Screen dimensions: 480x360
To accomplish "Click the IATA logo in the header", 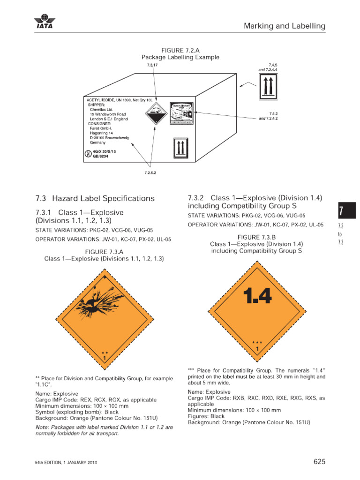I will (x=45, y=22).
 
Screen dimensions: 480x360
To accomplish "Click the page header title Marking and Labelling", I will (x=284, y=26).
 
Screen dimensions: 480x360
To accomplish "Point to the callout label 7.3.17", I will (x=153, y=65).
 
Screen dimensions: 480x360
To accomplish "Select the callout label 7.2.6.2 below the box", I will (x=150, y=172).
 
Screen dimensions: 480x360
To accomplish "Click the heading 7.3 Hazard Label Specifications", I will (x=95, y=198).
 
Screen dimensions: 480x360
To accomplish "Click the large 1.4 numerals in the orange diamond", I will (x=257, y=296).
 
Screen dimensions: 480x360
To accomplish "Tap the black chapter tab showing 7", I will (x=346, y=210).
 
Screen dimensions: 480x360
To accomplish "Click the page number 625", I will (x=319, y=462).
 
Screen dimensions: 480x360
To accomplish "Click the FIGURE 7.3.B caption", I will (x=256, y=237).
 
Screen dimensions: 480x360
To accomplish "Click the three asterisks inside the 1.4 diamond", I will (x=257, y=343).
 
